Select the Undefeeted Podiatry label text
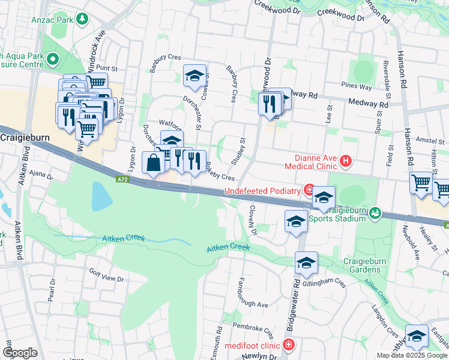click(262, 192)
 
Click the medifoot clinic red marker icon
click(289, 345)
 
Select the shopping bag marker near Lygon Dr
click(154, 163)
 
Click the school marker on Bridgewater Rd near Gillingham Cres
click(306, 263)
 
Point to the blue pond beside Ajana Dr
click(101, 195)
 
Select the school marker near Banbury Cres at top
click(194, 76)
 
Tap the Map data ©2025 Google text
click(412, 355)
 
